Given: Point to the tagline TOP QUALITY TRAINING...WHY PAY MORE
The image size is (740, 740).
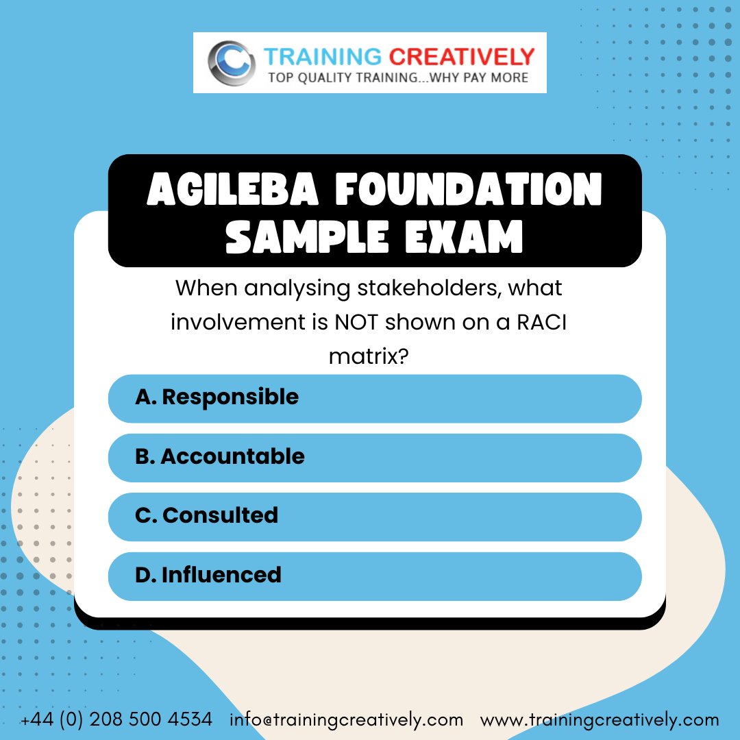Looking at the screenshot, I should pyautogui.click(x=398, y=77).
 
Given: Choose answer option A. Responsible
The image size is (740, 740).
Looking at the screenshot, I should pyautogui.click(x=375, y=397).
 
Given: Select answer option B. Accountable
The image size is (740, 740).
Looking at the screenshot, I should pyautogui.click(x=375, y=457).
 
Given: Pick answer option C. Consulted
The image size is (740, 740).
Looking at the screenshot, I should pyautogui.click(x=375, y=515).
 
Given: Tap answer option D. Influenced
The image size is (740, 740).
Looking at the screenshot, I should pyautogui.click(x=375, y=575).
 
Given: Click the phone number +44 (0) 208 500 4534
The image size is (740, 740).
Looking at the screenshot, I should pyautogui.click(x=116, y=720).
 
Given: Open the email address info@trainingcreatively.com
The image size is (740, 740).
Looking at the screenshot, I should pyautogui.click(x=347, y=720).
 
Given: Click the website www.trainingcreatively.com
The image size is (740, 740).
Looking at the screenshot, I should pyautogui.click(x=600, y=720).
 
